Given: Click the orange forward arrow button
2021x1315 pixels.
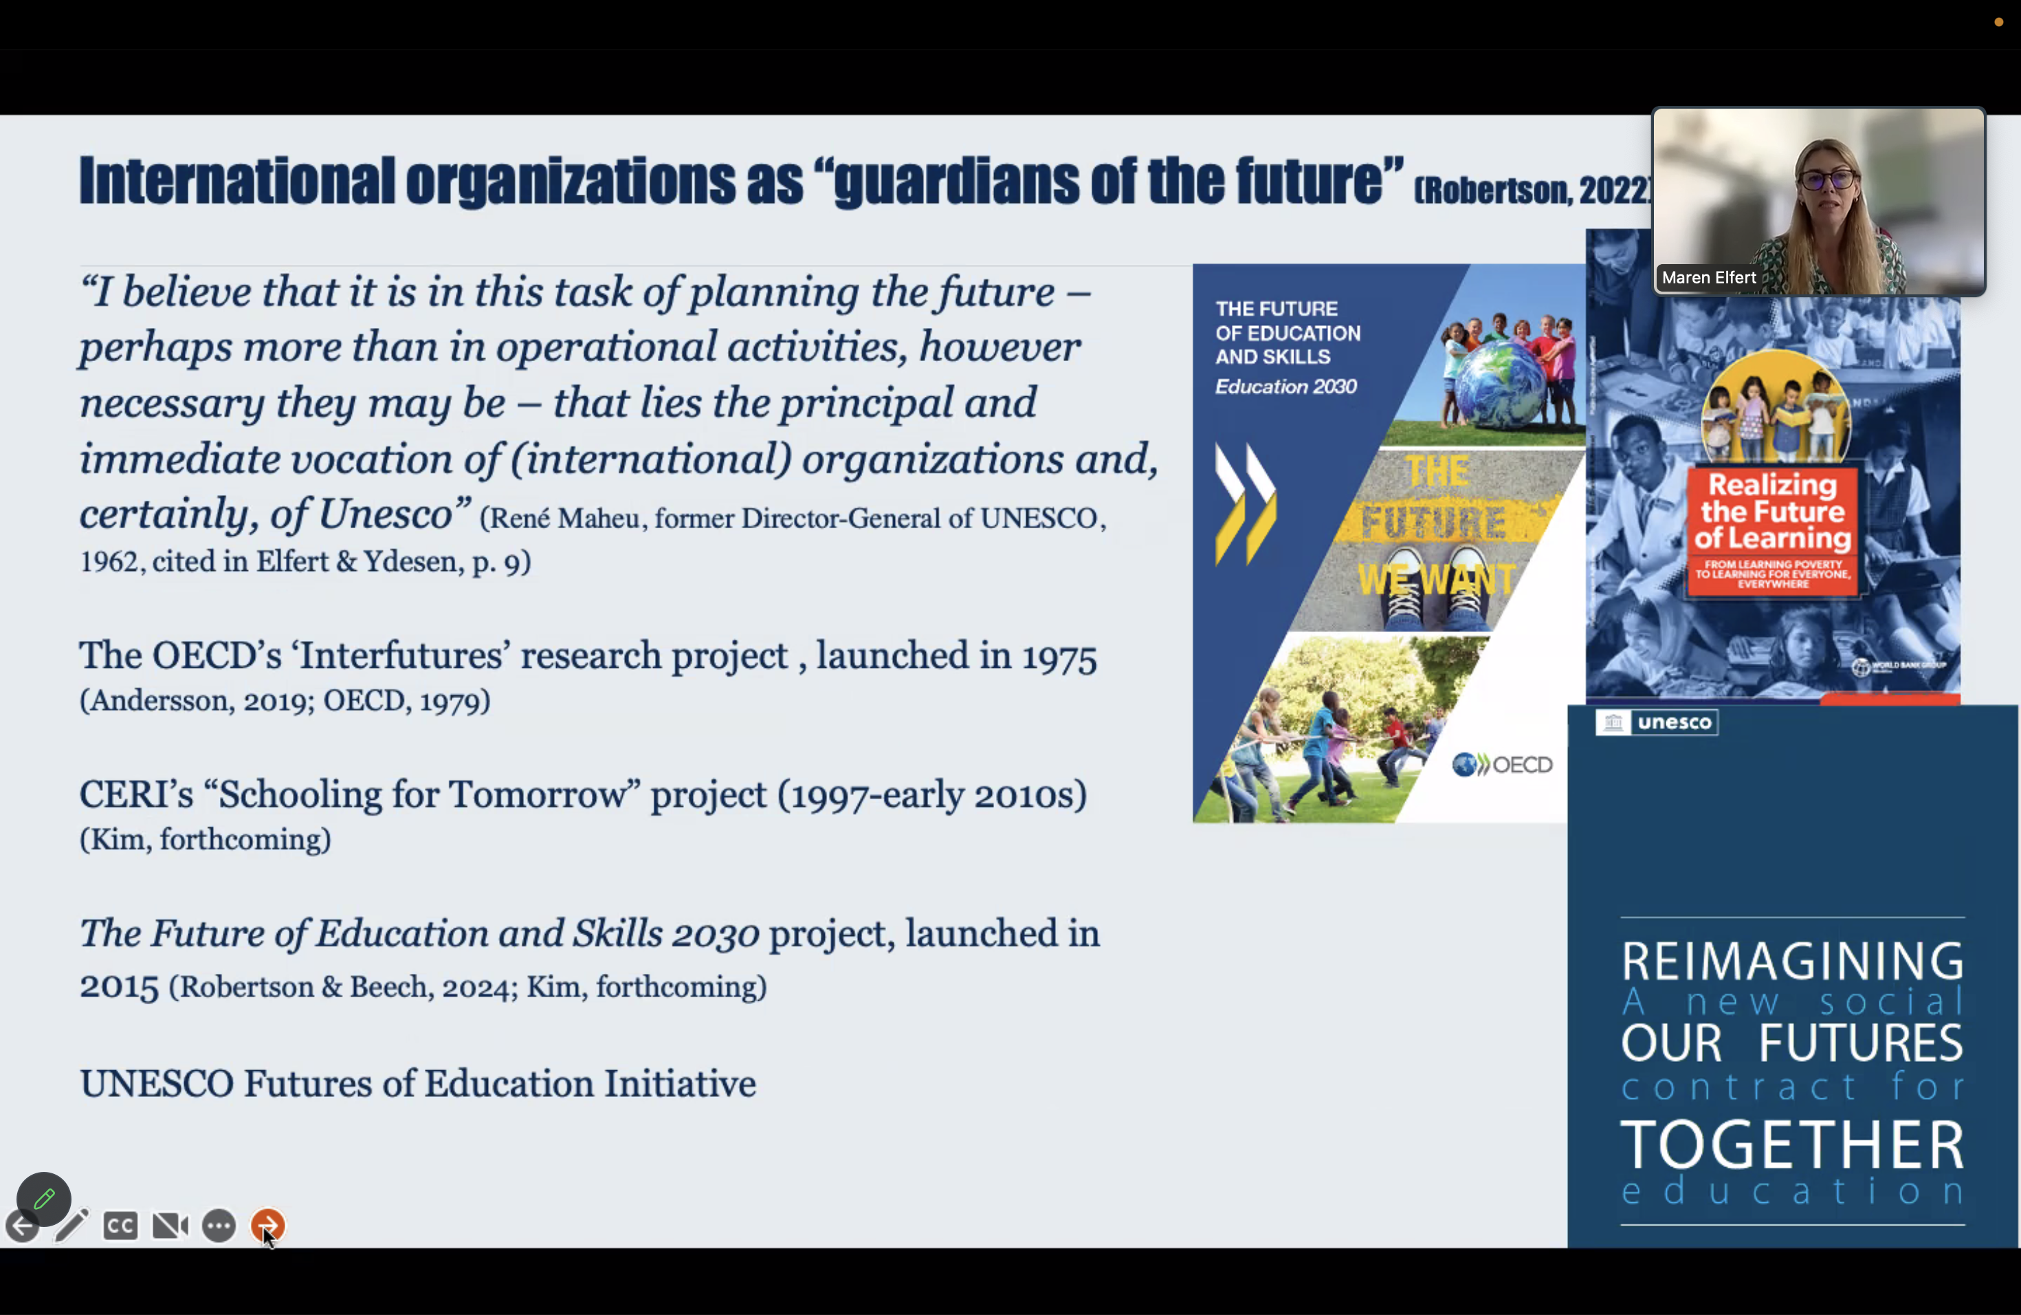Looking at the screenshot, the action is pos(267,1225).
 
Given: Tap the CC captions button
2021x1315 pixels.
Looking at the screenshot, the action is pos(120,1226).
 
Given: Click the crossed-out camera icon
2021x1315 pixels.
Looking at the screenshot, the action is pos(170,1226).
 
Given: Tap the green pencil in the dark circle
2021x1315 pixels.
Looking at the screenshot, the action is pos(44,1199).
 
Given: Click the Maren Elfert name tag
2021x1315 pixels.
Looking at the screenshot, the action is pos(1708,278).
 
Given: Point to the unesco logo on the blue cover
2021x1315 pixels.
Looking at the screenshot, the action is pos(1657,722).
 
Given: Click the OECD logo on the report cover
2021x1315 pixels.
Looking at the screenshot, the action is pos(1502,765).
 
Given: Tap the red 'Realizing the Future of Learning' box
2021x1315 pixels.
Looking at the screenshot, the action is pos(1772,530).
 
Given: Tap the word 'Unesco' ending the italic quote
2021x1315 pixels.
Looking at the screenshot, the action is pos(385,514).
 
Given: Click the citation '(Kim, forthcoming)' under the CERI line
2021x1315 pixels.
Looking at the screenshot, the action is pos(206,839).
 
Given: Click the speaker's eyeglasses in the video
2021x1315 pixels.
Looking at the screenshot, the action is pos(1826,180).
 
